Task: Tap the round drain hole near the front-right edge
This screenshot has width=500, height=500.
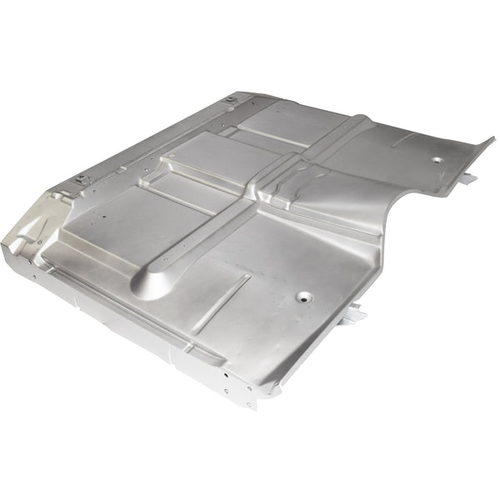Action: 302,296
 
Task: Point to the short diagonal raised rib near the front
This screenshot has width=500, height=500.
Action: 221,299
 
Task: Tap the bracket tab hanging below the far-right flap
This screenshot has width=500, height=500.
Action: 467,178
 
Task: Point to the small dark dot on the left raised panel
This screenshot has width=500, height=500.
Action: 104,221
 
